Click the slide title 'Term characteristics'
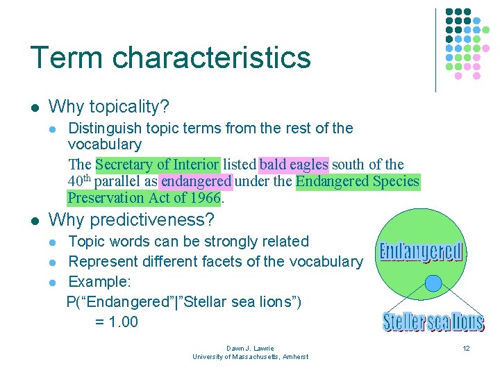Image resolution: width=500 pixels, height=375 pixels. click(170, 57)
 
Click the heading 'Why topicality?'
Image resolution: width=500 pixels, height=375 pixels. click(109, 107)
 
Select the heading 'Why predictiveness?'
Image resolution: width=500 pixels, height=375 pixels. click(131, 220)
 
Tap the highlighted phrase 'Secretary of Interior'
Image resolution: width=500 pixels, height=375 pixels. click(158, 165)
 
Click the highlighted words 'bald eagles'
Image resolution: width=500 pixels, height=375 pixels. click(294, 165)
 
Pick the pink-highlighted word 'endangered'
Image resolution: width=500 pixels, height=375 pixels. click(196, 182)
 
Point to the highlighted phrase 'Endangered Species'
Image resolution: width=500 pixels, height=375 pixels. click(358, 182)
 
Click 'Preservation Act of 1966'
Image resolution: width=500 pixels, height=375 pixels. click(144, 199)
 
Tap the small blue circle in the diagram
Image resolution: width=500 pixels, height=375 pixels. click(433, 283)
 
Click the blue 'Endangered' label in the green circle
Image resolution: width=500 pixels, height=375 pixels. click(421, 251)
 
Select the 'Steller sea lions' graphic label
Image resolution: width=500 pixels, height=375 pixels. click(433, 322)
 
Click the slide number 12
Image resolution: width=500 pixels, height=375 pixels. click(467, 349)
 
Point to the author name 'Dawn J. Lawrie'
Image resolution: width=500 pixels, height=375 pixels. click(250, 348)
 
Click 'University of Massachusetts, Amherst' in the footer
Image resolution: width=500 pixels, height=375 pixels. click(250, 356)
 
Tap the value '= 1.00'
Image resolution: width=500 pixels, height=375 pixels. click(116, 322)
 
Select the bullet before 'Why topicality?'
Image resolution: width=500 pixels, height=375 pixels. click(34, 108)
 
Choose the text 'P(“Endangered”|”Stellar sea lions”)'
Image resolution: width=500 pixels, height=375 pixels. click(184, 302)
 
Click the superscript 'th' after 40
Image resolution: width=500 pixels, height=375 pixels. click(87, 178)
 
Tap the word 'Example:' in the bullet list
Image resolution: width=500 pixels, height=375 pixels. click(97, 282)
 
